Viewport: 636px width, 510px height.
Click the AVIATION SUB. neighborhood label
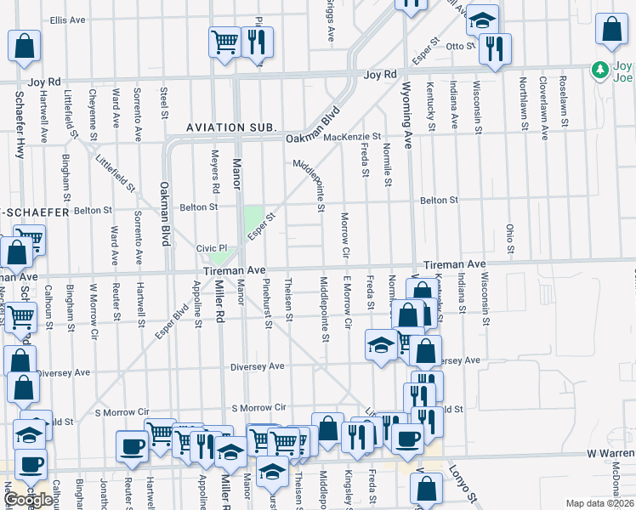233,127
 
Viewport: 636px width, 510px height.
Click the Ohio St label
510,240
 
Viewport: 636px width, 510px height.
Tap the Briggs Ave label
329,20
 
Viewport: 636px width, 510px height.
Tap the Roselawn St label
563,101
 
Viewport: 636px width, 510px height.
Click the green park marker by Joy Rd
600,69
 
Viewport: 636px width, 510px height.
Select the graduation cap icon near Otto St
483,20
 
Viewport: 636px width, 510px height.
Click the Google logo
28,500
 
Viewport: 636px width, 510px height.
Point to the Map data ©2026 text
600,503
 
